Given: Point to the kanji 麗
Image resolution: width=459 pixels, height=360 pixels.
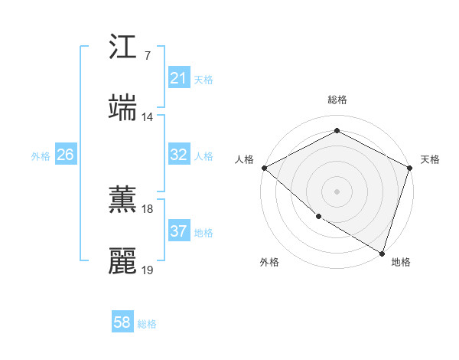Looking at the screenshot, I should click(x=123, y=261).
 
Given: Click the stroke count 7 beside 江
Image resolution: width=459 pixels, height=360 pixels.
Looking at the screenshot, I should click(x=147, y=55).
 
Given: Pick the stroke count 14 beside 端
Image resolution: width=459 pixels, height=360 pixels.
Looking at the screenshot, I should click(x=147, y=116).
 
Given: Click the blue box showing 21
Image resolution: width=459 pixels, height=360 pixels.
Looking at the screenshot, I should click(x=178, y=77).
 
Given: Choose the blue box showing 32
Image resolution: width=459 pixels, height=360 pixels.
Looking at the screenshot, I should click(x=178, y=155).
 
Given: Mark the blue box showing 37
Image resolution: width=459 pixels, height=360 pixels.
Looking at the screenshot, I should click(x=178, y=231).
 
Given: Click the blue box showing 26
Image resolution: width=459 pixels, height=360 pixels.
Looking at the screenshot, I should click(x=65, y=155).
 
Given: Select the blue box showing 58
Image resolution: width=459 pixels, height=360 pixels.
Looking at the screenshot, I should click(x=122, y=323).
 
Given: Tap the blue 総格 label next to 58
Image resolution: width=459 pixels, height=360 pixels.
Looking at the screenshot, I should click(x=147, y=324).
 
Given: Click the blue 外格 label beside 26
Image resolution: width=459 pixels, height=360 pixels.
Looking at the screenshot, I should click(x=41, y=155).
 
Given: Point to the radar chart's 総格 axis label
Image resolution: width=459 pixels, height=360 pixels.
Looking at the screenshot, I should click(x=337, y=100).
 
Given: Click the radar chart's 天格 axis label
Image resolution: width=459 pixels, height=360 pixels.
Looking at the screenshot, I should click(x=430, y=159).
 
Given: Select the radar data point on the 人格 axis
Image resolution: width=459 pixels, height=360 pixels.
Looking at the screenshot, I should click(x=264, y=168).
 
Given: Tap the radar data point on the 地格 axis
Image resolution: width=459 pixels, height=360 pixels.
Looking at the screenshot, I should click(x=382, y=252).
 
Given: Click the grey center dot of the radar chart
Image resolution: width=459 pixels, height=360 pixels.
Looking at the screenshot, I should click(x=337, y=191).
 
